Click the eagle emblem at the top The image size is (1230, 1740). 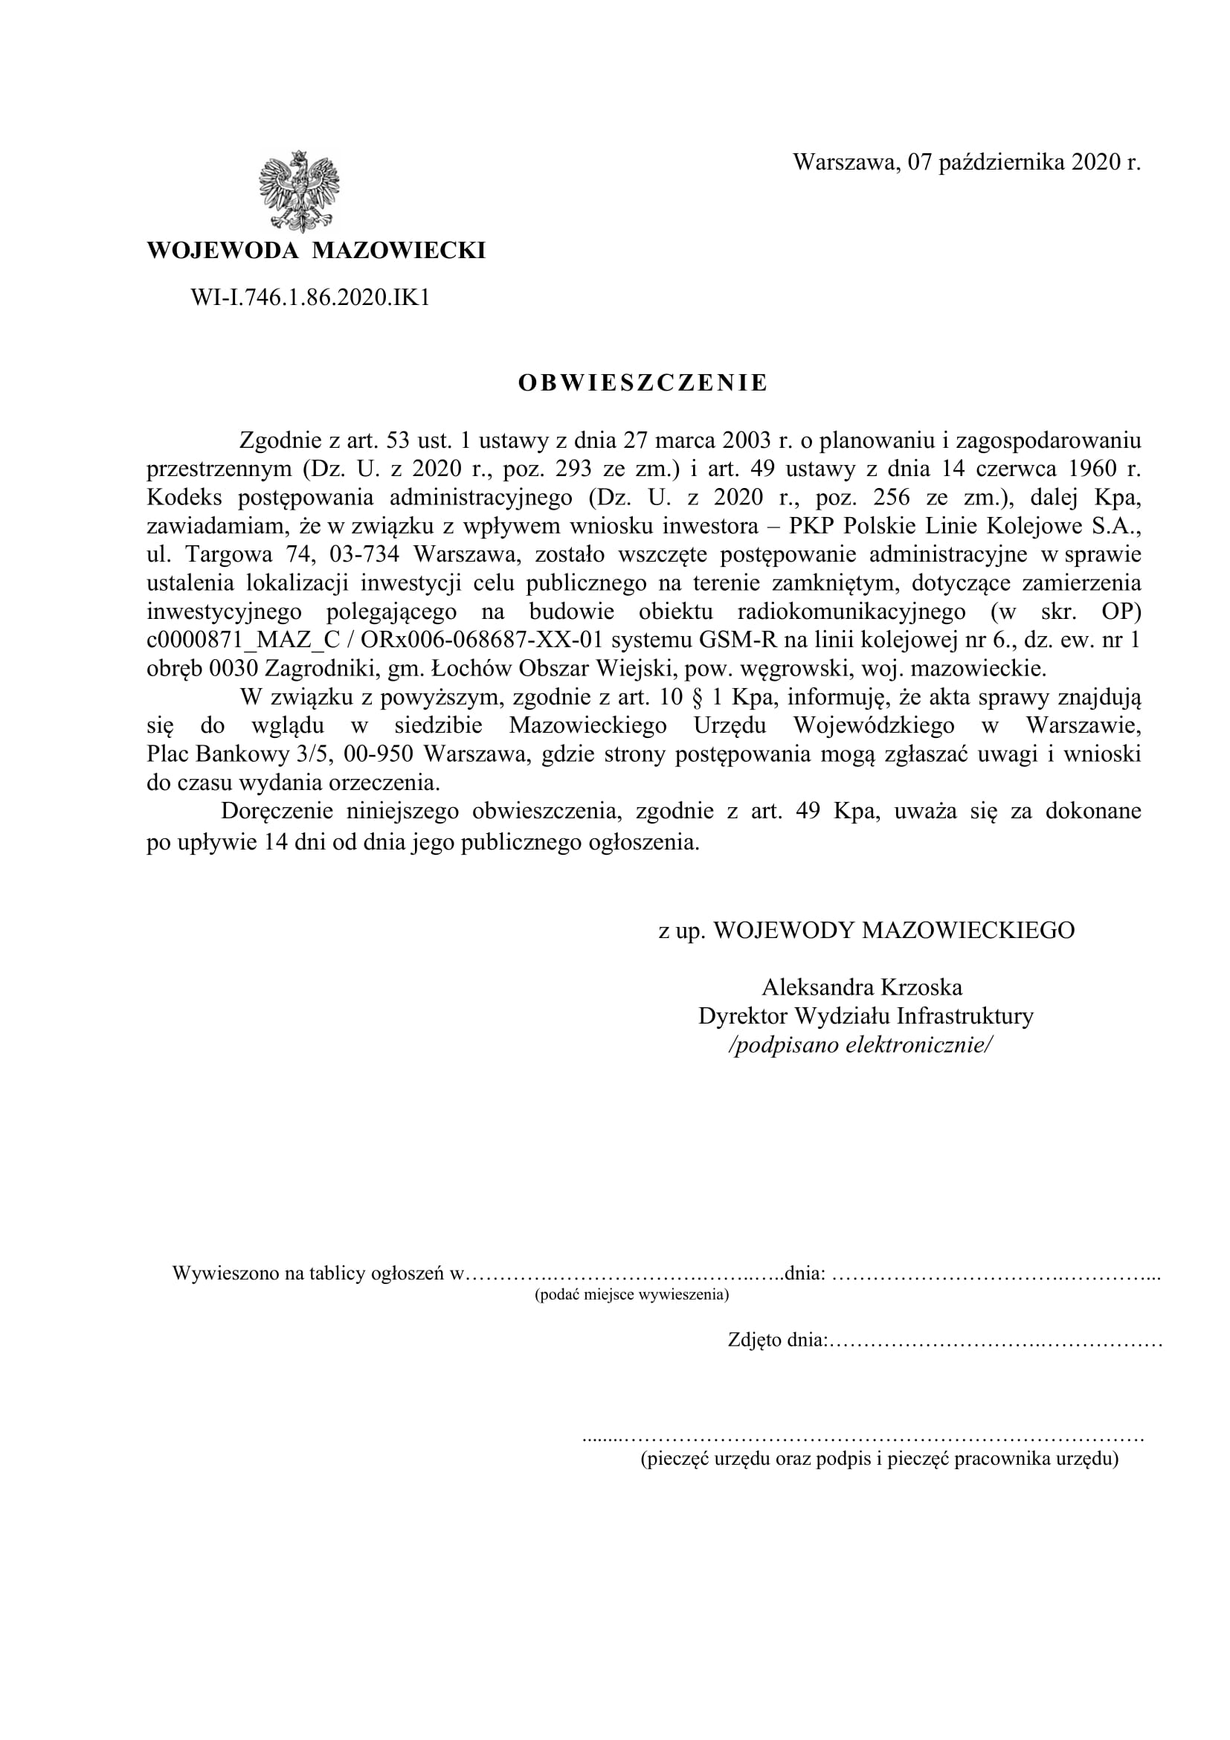(x=298, y=191)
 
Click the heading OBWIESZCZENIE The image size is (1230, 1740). (x=643, y=383)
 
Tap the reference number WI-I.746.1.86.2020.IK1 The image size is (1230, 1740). (x=310, y=298)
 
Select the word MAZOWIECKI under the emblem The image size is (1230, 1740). (x=399, y=251)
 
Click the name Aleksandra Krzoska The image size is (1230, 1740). (x=862, y=987)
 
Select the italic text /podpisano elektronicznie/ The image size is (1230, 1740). (x=859, y=1045)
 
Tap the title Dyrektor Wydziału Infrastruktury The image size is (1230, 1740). (x=866, y=1016)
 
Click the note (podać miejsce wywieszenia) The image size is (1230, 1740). (x=631, y=1295)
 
